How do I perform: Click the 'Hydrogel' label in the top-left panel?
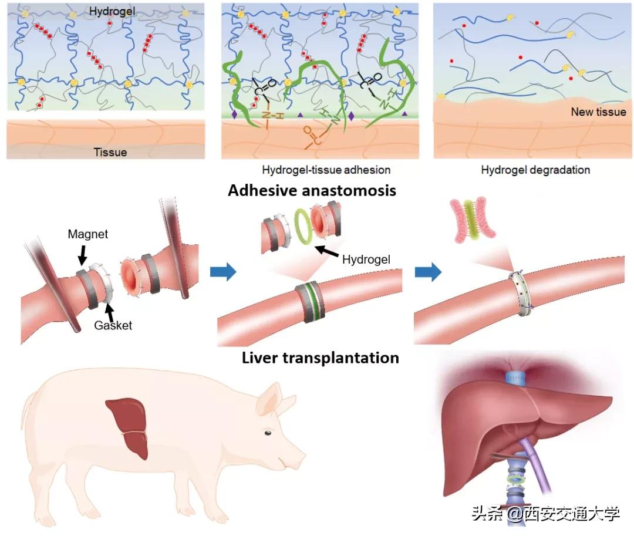[x=112, y=11]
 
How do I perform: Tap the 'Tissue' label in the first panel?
[x=110, y=152]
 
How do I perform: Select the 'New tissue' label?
[x=598, y=112]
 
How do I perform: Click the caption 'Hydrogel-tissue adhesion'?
[x=326, y=170]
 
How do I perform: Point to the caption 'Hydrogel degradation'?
[x=535, y=170]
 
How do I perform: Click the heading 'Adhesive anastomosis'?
[x=312, y=191]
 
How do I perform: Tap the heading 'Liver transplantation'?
[x=320, y=358]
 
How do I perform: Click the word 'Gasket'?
[x=113, y=325]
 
